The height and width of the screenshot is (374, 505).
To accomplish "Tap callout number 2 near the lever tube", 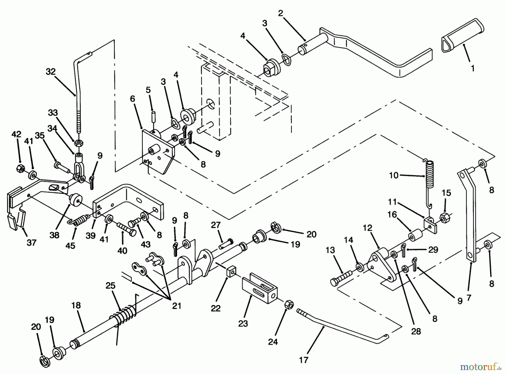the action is [281, 13].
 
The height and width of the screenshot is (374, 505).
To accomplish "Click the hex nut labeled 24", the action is [289, 305].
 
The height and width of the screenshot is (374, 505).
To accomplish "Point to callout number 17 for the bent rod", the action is [304, 360].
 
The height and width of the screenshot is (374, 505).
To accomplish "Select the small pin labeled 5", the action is [154, 116].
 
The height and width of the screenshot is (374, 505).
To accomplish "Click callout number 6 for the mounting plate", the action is [132, 99].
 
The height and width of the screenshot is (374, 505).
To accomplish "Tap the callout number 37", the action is [31, 242].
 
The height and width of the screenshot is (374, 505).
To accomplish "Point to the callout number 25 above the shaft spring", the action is [111, 286].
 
